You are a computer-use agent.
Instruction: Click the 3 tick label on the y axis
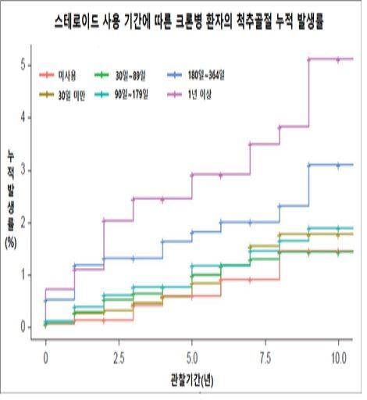(x=27, y=170)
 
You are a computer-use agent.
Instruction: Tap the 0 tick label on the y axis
(x=27, y=327)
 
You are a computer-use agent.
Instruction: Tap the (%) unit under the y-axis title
(x=11, y=241)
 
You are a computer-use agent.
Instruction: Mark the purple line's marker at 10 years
(x=337, y=59)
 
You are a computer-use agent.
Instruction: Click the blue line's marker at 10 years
(x=337, y=165)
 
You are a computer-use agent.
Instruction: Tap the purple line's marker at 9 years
(x=308, y=59)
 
